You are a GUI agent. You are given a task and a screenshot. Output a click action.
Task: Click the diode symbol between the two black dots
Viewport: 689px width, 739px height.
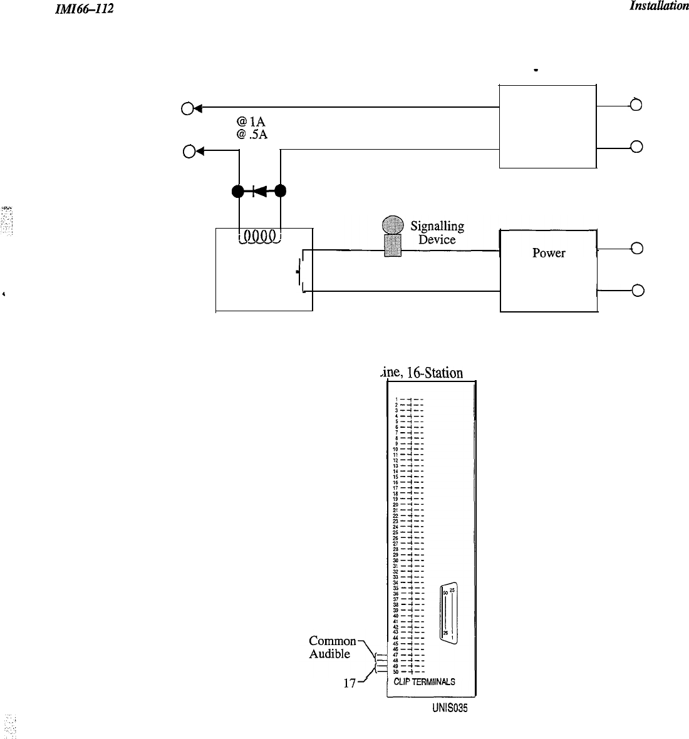[x=259, y=191]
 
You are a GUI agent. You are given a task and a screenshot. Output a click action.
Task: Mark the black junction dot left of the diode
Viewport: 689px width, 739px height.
[x=239, y=191]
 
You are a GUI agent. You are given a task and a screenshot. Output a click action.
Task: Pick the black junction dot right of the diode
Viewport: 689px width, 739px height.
[x=280, y=191]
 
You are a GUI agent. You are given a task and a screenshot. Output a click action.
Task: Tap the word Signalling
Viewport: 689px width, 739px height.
[x=437, y=227]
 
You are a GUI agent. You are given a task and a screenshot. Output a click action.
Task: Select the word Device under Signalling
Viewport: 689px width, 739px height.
[x=437, y=239]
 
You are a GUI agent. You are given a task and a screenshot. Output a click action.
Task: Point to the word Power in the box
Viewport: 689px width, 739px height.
[x=549, y=253]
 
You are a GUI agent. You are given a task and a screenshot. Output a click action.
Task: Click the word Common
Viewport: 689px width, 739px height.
[x=333, y=641]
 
